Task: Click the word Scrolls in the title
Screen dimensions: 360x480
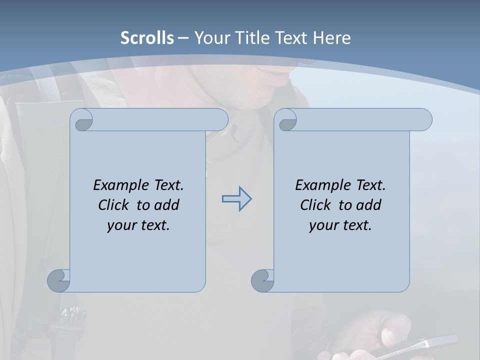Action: (147, 37)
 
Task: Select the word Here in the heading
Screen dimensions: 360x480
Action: (332, 37)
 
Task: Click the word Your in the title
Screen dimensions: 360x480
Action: (212, 37)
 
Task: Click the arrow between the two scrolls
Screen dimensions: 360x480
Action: (236, 199)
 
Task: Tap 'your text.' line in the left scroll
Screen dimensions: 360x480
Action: (138, 225)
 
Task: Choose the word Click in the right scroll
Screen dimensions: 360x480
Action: (315, 205)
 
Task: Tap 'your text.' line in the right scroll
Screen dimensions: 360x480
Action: (340, 225)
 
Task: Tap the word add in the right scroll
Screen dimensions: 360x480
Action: (368, 205)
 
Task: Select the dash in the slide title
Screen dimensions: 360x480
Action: (183, 37)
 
